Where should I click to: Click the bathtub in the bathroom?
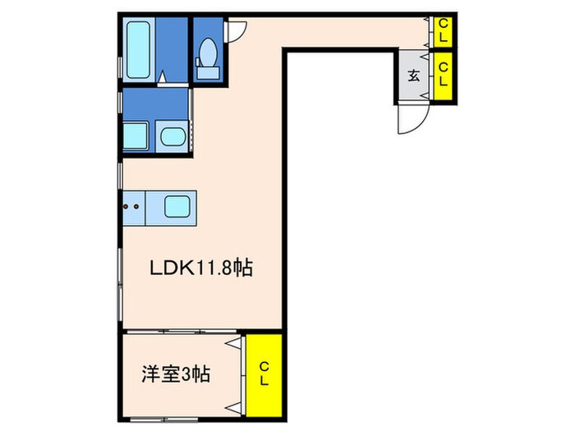click(140, 48)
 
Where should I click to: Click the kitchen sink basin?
click(177, 205)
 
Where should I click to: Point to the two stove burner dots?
click(131, 206)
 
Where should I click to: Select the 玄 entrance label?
click(414, 77)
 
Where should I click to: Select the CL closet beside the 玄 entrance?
click(443, 76)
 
